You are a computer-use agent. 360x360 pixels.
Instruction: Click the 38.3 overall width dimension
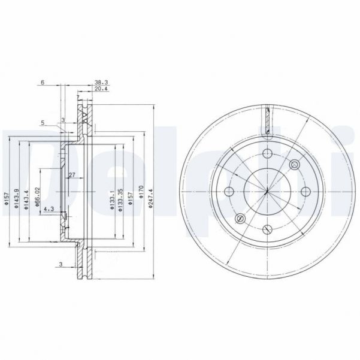tap(100, 83)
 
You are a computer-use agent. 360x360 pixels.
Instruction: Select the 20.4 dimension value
tap(100, 89)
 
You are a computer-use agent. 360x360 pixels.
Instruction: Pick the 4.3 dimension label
tap(49, 208)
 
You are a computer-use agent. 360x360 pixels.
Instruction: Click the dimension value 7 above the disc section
tap(78, 98)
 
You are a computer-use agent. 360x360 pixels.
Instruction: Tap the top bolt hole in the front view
tap(267, 153)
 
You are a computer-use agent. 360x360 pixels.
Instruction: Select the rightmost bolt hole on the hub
tap(305, 191)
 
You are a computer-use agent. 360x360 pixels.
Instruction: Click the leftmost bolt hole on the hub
tap(228, 192)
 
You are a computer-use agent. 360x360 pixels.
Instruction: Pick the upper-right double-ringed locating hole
tap(294, 164)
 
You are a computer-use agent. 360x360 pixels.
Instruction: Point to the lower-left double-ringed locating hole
tap(240, 218)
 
